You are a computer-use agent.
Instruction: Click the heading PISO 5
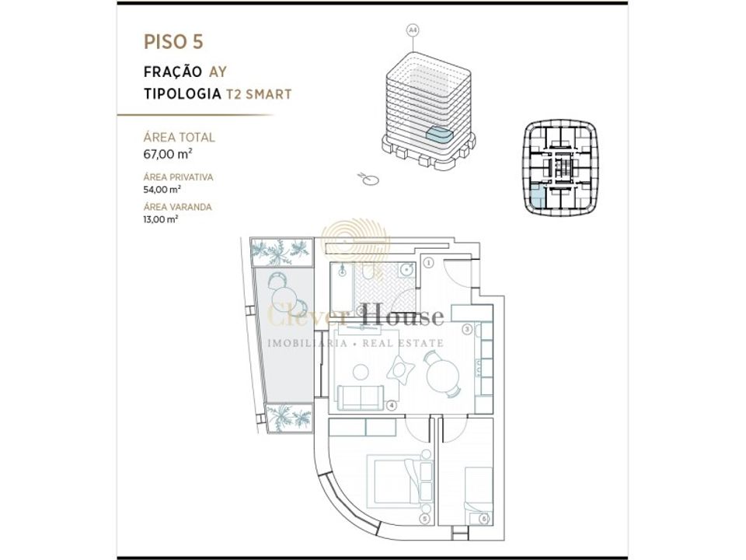pos(173,42)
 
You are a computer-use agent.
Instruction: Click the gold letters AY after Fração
pos(218,72)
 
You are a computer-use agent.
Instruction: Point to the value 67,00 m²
pos(168,154)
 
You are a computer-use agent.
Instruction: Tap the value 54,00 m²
pos(162,190)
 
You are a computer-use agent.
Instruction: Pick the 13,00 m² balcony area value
pos(161,219)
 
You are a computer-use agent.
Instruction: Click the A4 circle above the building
pos(413,30)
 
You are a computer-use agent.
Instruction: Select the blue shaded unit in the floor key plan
pos(536,197)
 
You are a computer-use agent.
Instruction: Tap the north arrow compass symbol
pos(368,179)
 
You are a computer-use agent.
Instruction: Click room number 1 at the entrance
pos(429,262)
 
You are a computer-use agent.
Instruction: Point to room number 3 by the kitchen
pos(467,329)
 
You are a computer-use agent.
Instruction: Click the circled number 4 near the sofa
pos(391,406)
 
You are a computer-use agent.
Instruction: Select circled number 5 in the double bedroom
pos(425,520)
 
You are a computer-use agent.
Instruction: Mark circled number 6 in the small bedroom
pos(484,519)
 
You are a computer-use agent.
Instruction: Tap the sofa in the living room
pos(361,397)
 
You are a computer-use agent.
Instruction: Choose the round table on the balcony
pos(284,299)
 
